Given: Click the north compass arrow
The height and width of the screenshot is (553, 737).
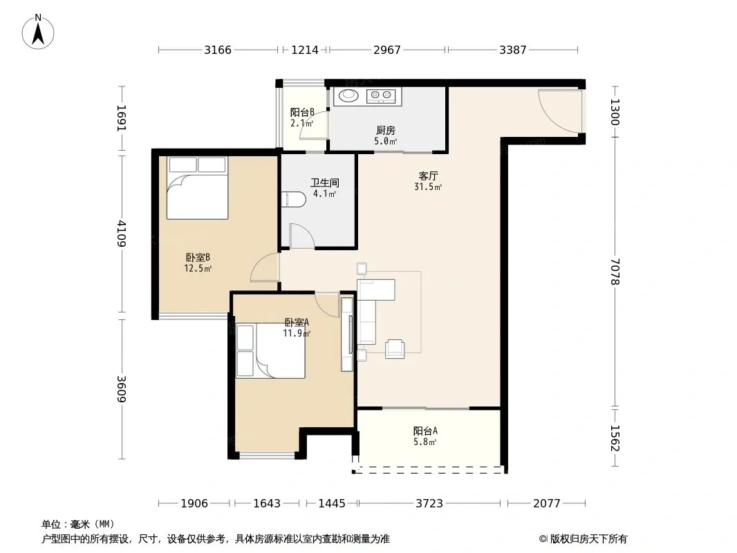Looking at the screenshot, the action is tap(38, 35).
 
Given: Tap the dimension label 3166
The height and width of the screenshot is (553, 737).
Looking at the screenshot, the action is tap(218, 50).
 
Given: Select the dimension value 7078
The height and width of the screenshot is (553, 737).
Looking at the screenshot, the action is tap(615, 272).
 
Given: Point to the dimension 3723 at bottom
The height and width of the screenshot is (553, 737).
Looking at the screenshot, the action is tap(429, 504).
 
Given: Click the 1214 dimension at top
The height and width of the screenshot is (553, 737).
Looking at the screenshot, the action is tap(305, 50).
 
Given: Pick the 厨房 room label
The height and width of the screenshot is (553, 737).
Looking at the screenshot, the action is tap(385, 130).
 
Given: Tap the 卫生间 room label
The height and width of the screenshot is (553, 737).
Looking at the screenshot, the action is tap(325, 182).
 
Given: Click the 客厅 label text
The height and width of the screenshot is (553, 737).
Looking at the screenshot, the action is tap(428, 176).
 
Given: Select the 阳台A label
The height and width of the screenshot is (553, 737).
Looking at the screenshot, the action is tap(425, 431).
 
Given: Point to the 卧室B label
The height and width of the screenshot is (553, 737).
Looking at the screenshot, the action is tap(198, 257).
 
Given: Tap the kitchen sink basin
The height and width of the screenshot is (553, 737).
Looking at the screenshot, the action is tap(348, 95).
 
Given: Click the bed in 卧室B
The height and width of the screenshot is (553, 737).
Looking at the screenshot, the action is tap(198, 188).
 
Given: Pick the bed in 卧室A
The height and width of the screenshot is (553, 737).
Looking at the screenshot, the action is tap(270, 350).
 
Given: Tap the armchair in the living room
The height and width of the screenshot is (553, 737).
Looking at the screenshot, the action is tap(395, 349).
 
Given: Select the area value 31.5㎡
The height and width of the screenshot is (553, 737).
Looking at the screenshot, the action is tap(428, 187).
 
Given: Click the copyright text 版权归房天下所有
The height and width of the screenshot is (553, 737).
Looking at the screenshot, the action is tap(588, 539).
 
